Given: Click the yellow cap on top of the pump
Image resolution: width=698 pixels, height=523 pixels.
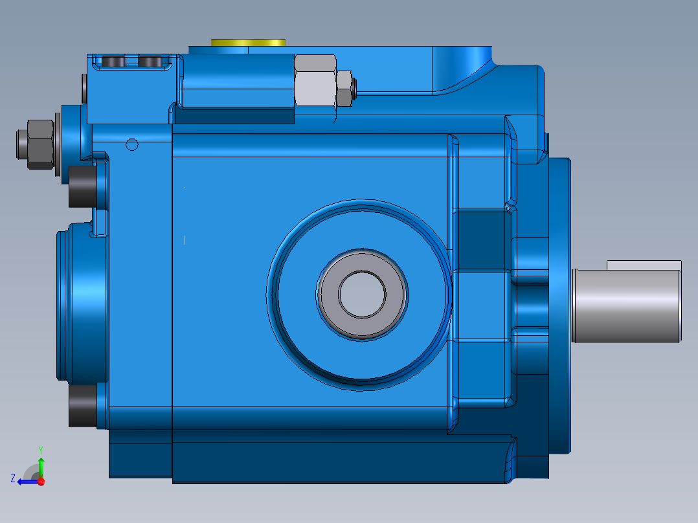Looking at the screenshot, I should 248,42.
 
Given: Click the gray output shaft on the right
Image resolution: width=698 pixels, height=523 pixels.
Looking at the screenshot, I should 626,306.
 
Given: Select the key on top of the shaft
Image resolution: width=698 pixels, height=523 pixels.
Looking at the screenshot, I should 644,265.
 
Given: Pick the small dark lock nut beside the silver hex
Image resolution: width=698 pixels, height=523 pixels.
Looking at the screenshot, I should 344,88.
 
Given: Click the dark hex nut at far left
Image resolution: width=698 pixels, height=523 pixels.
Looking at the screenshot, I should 36,143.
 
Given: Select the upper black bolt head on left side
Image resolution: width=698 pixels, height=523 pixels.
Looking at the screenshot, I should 82,186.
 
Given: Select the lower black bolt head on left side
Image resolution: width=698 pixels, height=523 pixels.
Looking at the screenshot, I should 82,406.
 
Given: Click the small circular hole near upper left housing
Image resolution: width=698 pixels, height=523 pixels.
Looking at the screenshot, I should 132,144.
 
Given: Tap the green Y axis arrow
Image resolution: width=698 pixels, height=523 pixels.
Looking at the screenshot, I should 41,465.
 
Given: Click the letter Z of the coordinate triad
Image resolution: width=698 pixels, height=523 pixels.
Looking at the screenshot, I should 13,478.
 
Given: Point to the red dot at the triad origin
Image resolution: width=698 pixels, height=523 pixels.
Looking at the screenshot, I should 41,482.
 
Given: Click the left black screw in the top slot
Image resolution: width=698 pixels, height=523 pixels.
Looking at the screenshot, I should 115,61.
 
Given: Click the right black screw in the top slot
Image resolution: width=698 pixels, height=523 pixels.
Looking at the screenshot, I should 151,61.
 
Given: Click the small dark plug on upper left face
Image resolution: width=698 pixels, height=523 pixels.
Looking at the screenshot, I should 84,89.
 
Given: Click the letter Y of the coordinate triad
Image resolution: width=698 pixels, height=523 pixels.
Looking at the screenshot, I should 41,449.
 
